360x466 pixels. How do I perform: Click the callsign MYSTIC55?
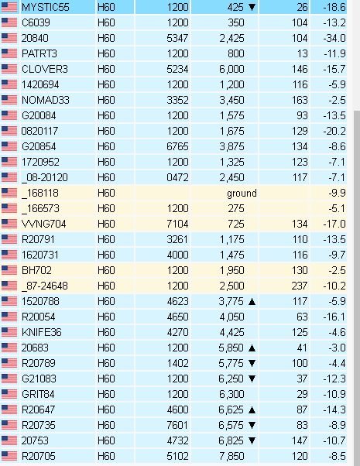pos(46,7)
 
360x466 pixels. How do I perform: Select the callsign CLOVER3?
pos(45,69)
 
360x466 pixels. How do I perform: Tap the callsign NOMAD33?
pos(46,100)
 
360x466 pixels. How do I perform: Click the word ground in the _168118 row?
pos(242,194)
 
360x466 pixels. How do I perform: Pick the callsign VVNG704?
pos(44,224)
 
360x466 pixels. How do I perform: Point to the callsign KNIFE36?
pos(42,332)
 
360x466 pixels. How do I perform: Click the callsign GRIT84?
pos(38,394)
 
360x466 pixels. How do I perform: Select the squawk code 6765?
pos(177,146)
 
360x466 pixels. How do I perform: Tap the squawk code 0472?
pos(177,177)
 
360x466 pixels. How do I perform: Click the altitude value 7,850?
pos(232,456)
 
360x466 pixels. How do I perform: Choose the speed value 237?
pos(299,286)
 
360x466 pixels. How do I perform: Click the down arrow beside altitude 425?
pos(252,8)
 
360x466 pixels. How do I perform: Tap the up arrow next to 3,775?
pos(252,302)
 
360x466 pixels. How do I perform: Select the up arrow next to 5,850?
pos(252,348)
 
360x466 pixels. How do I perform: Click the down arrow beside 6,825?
pos(252,440)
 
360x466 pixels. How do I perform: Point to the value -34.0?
pos(334,38)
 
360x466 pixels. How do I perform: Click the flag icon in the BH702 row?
pos(9,270)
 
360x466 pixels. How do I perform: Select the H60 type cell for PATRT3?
pos(106,53)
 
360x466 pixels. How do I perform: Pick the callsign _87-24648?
pos(45,286)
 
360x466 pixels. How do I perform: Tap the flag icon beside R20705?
pos(9,456)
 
